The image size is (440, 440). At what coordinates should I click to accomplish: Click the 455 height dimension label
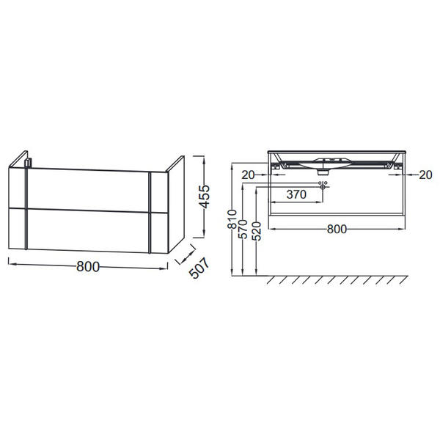pos(205,197)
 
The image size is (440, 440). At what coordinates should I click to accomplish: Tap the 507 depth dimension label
pos(199,268)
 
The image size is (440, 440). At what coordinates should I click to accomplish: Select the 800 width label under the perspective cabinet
pos(88,267)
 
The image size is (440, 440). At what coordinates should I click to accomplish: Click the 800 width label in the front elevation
pos(337,230)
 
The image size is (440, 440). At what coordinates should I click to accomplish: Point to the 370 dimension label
pos(296,194)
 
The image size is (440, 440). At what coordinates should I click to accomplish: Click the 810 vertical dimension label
pos(232,219)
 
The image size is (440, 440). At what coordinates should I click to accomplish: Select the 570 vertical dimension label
pos(243,230)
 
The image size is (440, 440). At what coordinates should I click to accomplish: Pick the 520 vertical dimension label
pos(257,231)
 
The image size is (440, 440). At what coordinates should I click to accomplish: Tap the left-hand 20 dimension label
pos(248,175)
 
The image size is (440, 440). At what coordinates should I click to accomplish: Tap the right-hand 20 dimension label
pos(425,175)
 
